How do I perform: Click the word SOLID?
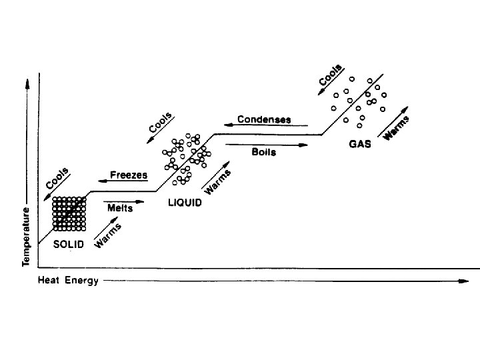pos(69,244)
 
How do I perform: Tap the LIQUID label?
pos(184,203)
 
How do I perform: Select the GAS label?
pos(360,143)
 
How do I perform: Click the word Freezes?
pos(129,175)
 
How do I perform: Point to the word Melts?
pos(120,208)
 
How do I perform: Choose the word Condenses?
pos(265,119)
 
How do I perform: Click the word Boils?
pos(263,152)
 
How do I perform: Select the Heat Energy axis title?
pos(67,281)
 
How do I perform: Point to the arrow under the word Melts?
pos(123,201)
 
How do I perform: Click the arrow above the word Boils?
pos(267,144)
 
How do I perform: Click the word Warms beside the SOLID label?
pos(107,235)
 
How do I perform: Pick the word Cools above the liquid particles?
pos(161,123)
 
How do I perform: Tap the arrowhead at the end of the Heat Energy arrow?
pos(465,281)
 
